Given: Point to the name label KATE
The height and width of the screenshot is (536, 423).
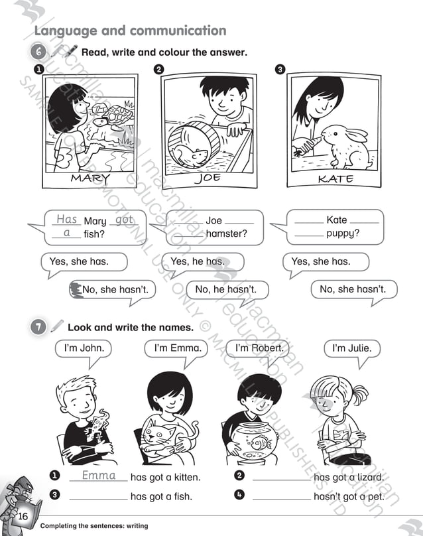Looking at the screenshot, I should pyautogui.click(x=335, y=178).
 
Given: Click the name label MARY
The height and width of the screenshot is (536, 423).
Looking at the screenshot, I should pyautogui.click(x=90, y=178).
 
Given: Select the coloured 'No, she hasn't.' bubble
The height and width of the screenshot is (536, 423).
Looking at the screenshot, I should pyautogui.click(x=113, y=290).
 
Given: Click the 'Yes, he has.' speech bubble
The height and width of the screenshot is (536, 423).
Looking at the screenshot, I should pyautogui.click(x=198, y=261).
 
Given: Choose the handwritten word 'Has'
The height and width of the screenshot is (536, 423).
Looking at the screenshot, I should pyautogui.click(x=67, y=219).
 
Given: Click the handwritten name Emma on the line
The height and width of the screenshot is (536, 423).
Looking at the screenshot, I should pyautogui.click(x=99, y=476).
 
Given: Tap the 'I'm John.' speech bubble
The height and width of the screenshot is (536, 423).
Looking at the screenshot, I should pyautogui.click(x=84, y=348).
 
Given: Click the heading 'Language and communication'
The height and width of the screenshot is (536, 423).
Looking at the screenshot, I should pyautogui.click(x=130, y=31).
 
